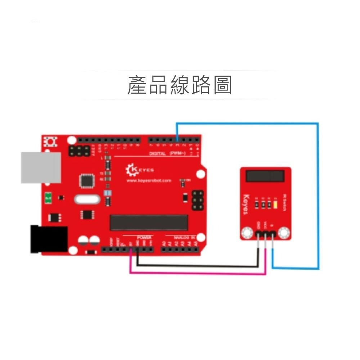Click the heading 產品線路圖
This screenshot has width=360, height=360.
[x=180, y=85]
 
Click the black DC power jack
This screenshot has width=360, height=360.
[x=49, y=238]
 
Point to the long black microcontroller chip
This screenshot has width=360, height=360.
[x=149, y=222]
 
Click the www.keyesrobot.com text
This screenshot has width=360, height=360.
[x=149, y=181]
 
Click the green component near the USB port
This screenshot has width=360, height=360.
[x=48, y=198]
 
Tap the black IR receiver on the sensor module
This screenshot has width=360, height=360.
[x=266, y=176]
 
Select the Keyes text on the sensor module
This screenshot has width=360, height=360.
[x=246, y=204]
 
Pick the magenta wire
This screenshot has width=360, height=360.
[x=198, y=274]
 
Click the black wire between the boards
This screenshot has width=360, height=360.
[x=198, y=266]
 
